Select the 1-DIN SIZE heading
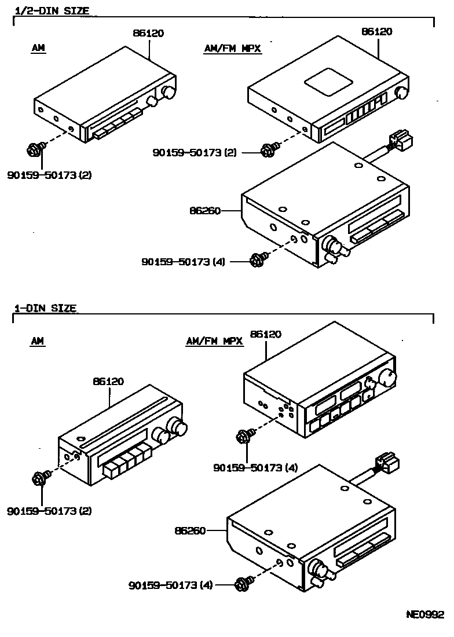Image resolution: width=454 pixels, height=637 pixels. (x=45, y=308)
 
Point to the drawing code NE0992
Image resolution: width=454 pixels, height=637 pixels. (x=424, y=614)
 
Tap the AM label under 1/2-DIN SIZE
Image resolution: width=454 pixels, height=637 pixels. (x=38, y=49)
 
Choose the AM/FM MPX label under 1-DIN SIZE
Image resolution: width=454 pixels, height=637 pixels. (x=214, y=342)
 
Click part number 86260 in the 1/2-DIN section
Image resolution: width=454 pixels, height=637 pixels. (x=204, y=211)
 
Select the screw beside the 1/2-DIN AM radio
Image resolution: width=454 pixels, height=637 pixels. (x=34, y=150)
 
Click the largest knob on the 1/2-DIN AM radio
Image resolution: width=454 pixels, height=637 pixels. (x=169, y=93)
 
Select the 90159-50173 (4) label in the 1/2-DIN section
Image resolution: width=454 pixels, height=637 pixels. (x=183, y=262)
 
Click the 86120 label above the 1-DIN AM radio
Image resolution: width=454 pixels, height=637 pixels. (x=108, y=382)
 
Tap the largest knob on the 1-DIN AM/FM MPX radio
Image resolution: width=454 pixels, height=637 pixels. (x=386, y=379)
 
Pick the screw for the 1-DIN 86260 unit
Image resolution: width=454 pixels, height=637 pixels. (x=242, y=584)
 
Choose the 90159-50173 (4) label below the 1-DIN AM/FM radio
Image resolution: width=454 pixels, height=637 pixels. (x=255, y=467)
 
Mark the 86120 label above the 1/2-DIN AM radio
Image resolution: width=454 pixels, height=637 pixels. (x=148, y=33)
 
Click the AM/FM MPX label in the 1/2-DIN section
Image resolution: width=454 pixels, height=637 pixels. (x=233, y=49)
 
